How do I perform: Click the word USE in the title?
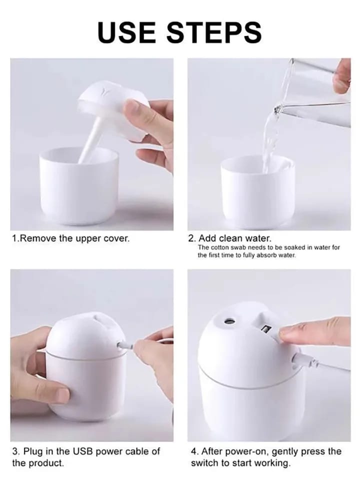pyautogui.click(x=127, y=32)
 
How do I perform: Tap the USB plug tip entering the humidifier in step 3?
pyautogui.click(x=119, y=345)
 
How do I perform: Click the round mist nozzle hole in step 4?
pyautogui.click(x=228, y=321)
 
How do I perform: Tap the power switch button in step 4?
pyautogui.click(x=265, y=329)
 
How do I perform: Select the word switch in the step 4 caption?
pyautogui.click(x=203, y=463)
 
